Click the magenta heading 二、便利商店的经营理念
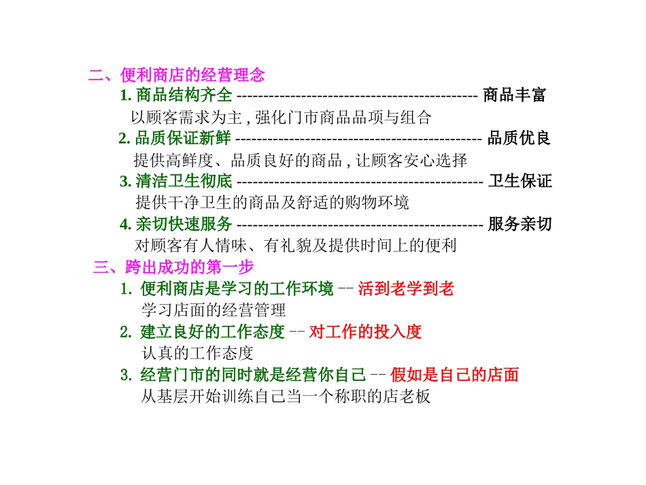(x=176, y=75)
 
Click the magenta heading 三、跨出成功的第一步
(x=173, y=267)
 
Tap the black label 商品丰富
(x=514, y=95)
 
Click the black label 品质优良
(x=519, y=139)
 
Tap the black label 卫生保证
(x=520, y=182)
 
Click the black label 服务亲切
(x=520, y=224)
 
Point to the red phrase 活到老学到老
(x=406, y=289)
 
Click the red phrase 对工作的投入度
(x=365, y=332)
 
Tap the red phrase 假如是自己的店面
(x=455, y=375)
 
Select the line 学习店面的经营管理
(x=214, y=311)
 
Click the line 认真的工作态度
(x=197, y=354)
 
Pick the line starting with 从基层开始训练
(x=286, y=397)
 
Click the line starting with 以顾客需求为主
(x=281, y=118)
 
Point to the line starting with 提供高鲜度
(x=301, y=161)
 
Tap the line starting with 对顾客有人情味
(x=295, y=246)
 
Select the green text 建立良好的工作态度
(x=212, y=332)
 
